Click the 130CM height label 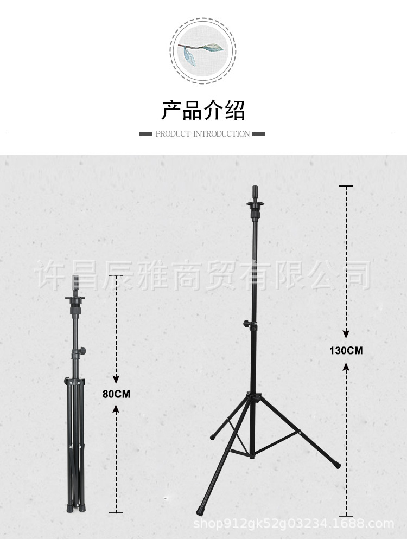click(346, 350)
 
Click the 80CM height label click(116, 394)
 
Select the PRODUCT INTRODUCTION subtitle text click(202, 134)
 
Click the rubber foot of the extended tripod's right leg click(337, 465)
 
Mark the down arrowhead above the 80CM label click(116, 379)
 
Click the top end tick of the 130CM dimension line click(346, 186)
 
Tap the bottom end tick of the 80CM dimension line click(116, 512)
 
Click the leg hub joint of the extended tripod click(253, 397)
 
